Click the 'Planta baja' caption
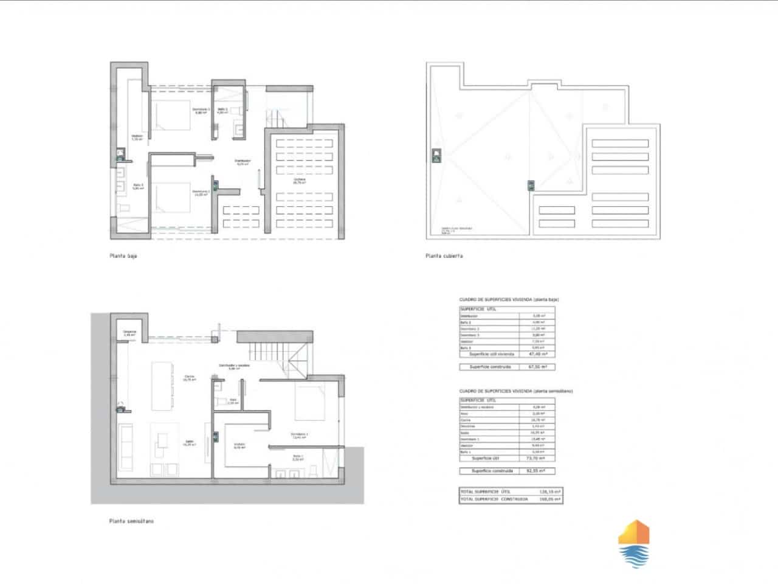[x=123, y=256]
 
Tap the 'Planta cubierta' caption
[x=444, y=256]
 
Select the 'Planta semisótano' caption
[x=132, y=521]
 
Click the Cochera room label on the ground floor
[x=300, y=181]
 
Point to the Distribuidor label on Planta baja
[x=243, y=162]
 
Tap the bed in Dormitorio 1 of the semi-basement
[x=314, y=401]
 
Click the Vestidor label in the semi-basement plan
[x=239, y=445]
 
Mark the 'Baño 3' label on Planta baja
[x=138, y=187]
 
